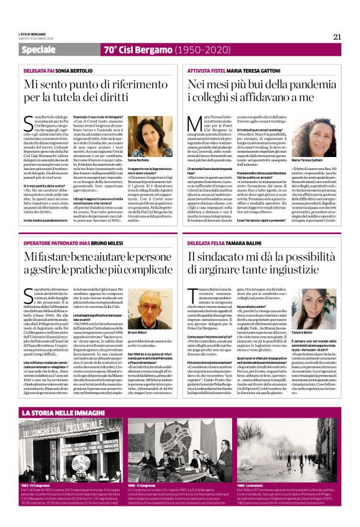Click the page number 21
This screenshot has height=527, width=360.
337,37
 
